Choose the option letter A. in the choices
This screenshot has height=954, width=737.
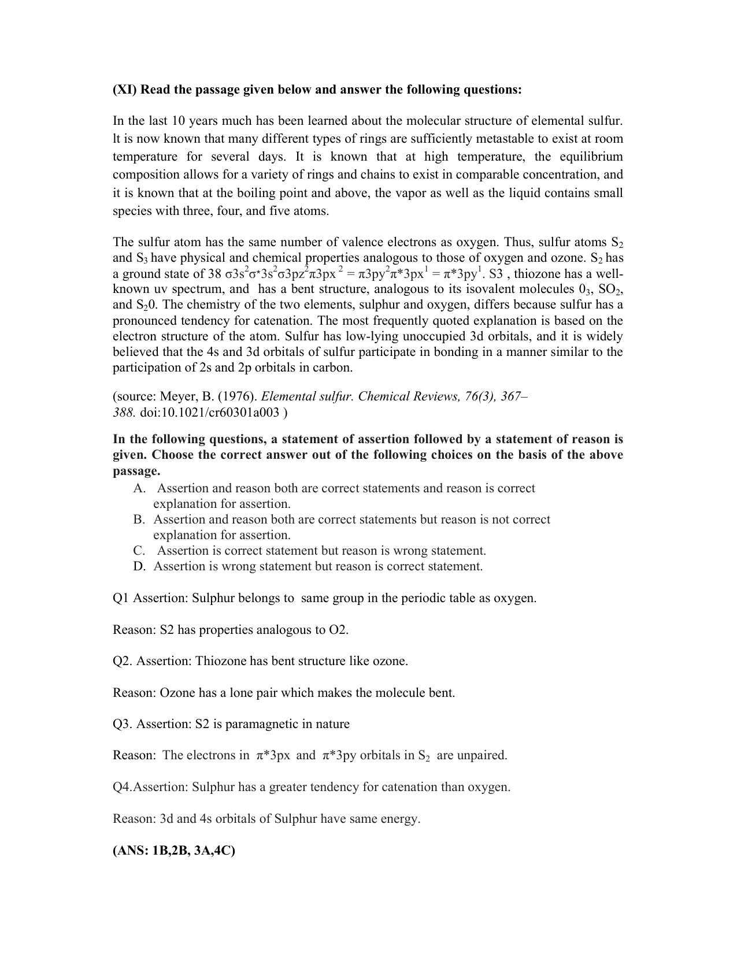point(139,488)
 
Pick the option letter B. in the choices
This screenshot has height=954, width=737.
point(139,519)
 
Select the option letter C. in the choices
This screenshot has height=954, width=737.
point(139,551)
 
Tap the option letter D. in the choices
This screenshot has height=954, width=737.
point(139,566)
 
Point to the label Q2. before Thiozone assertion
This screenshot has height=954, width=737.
point(123,661)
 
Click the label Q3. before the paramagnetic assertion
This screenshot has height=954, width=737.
point(123,724)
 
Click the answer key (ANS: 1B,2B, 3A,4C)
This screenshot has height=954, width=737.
point(174,851)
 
